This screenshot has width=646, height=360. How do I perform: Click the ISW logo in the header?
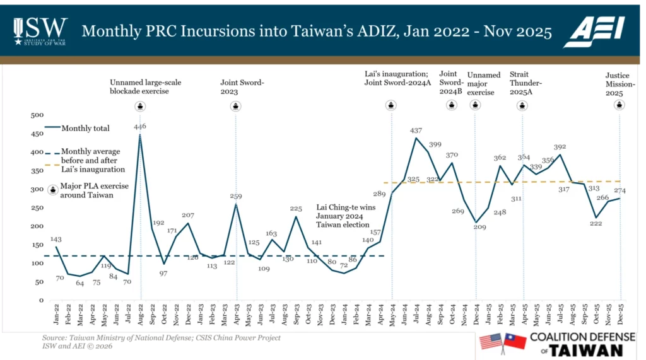point(39,30)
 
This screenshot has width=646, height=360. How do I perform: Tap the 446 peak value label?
point(140,126)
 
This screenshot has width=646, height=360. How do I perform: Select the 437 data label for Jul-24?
point(416,131)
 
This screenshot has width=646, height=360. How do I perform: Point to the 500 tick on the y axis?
point(37,115)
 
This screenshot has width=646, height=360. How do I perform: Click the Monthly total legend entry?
point(85,129)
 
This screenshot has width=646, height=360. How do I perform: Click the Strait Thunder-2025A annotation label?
point(526,83)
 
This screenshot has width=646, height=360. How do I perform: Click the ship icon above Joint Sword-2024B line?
point(451,105)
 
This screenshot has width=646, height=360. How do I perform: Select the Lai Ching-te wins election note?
point(343,216)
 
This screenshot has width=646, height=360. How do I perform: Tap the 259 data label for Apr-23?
point(237,197)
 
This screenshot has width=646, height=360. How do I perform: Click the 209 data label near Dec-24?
point(481,226)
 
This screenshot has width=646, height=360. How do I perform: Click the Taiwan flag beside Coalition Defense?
point(515,342)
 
